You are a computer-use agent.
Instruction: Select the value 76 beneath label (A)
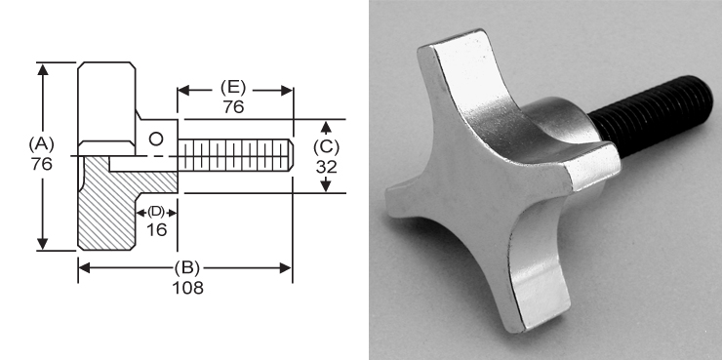click(x=41, y=165)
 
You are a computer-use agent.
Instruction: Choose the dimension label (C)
click(x=328, y=146)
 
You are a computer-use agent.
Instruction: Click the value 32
click(x=328, y=166)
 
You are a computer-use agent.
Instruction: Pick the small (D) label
click(x=156, y=212)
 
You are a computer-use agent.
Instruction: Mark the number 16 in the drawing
click(x=156, y=229)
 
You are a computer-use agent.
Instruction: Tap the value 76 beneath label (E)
click(x=233, y=107)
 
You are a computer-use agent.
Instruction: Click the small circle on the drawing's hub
click(x=154, y=139)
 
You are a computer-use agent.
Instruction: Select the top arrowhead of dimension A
click(x=43, y=68)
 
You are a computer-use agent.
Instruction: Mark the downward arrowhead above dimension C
click(x=328, y=127)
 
